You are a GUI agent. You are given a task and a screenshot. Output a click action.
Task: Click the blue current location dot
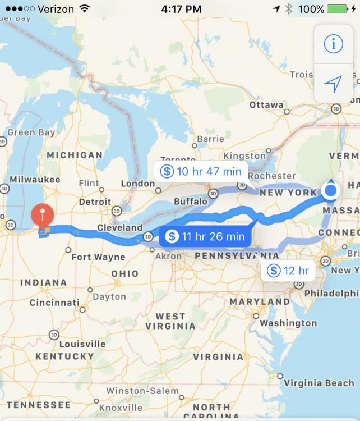click(x=331, y=191)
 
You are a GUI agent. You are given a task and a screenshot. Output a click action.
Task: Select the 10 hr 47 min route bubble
click(x=201, y=171)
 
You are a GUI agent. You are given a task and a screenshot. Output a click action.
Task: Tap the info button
click(x=333, y=44)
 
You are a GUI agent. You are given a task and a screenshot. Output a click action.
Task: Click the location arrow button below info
click(x=333, y=84)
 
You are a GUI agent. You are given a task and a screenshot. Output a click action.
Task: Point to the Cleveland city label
click(x=119, y=228)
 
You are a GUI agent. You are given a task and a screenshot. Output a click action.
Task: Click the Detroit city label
click(x=95, y=202)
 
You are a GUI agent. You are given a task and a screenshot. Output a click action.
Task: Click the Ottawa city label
click(x=266, y=105)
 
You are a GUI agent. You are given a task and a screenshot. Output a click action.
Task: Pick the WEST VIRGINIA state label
click(x=170, y=321)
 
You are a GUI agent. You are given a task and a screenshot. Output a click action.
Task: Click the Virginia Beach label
click(x=319, y=383)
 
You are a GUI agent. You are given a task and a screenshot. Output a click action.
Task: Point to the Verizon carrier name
click(x=56, y=9)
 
